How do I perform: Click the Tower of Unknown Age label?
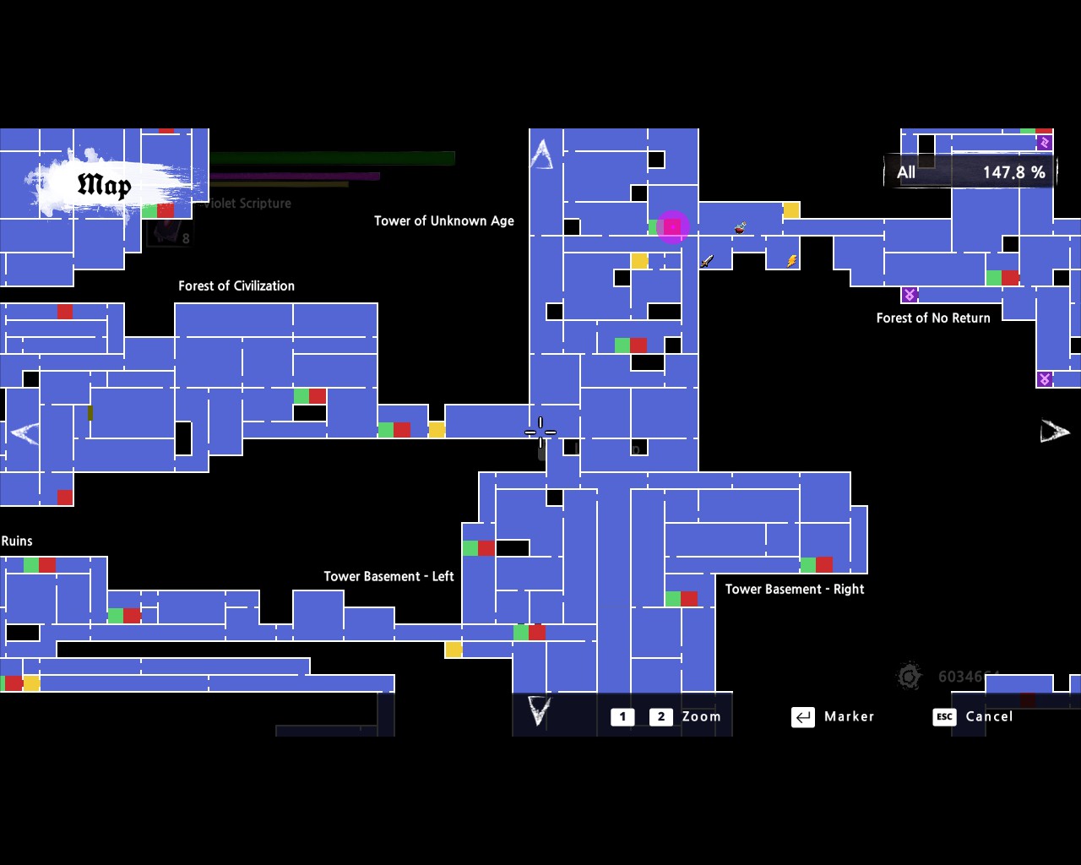click(x=444, y=220)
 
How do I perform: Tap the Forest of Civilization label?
click(x=236, y=286)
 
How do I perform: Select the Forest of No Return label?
click(x=933, y=318)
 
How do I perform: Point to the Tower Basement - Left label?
click(x=388, y=576)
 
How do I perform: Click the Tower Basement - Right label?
click(x=795, y=589)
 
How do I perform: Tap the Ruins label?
click(x=17, y=541)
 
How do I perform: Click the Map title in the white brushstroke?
click(x=105, y=185)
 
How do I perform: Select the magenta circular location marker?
click(x=672, y=226)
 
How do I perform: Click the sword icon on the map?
click(x=707, y=261)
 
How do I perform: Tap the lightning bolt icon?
click(x=791, y=261)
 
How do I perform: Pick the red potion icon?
click(x=740, y=227)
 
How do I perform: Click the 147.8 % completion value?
click(x=1013, y=172)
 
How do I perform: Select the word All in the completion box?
click(x=906, y=172)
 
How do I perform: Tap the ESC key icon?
click(x=944, y=716)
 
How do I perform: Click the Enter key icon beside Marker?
click(x=802, y=716)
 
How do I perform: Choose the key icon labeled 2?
click(x=660, y=716)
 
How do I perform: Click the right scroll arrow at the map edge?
click(x=1054, y=432)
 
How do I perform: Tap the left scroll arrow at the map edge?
click(x=24, y=432)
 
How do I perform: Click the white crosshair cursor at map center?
click(x=540, y=432)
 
